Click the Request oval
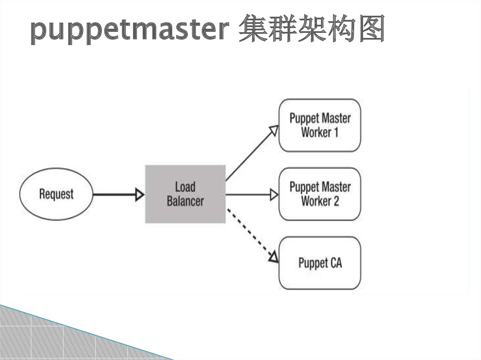tap(56, 194)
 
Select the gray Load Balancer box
tap(185, 194)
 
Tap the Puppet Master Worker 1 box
tap(320, 125)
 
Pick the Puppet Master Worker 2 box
tap(320, 194)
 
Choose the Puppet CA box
tap(320, 263)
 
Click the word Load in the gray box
tap(185, 187)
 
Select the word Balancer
tap(185, 201)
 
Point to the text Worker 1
tap(320, 132)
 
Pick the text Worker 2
tap(320, 201)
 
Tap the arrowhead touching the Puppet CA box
tap(273, 257)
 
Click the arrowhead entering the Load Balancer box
tap(140, 194)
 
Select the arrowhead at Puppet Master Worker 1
tap(273, 130)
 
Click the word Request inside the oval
tap(56, 194)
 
